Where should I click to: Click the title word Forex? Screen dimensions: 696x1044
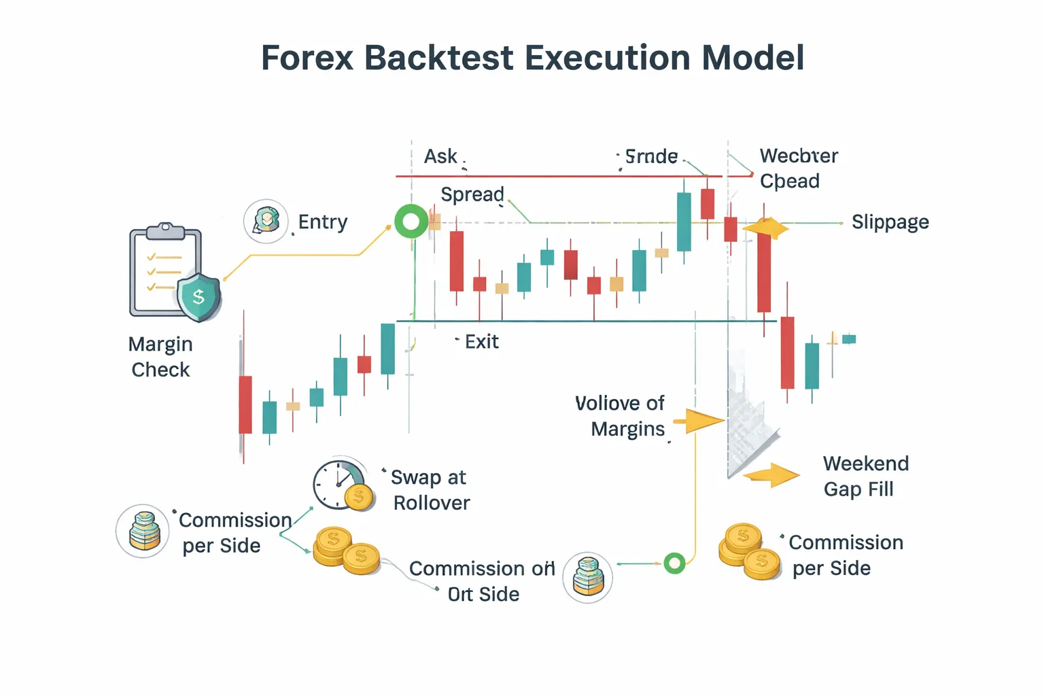tap(307, 58)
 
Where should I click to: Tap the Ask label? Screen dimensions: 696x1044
tap(440, 156)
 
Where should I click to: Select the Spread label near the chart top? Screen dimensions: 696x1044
tap(472, 194)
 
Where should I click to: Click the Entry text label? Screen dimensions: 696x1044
tap(323, 222)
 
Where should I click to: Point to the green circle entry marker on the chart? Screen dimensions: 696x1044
tap(411, 222)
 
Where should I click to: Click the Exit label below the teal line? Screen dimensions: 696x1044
tap(481, 342)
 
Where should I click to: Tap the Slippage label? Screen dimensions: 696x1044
tap(890, 222)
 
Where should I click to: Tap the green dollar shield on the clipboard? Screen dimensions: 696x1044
tap(198, 297)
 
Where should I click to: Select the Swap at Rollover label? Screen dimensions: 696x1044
tap(430, 490)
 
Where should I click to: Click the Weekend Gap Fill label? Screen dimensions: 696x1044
tap(865, 476)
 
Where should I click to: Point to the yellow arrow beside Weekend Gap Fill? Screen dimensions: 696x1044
tap(772, 475)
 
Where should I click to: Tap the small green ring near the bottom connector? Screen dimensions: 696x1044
tap(674, 563)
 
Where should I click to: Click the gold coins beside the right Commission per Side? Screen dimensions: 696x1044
tap(749, 551)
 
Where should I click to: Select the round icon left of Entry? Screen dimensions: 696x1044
tap(266, 222)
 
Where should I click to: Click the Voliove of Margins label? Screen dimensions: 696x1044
tap(620, 416)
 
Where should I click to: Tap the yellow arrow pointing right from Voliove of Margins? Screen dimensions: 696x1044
tap(701, 421)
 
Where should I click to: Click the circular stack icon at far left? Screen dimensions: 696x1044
tap(143, 532)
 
